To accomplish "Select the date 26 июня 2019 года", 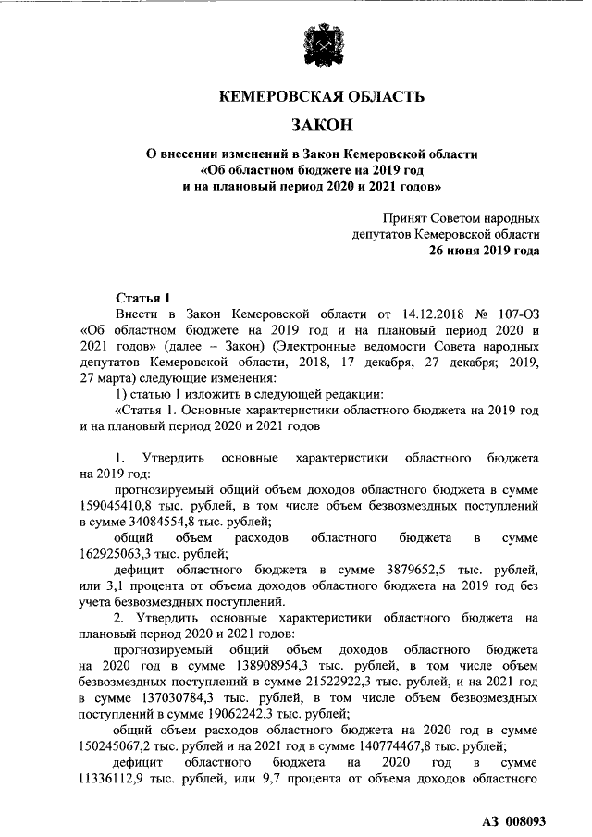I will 485,251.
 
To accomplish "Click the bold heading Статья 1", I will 143,298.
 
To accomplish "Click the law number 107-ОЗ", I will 516,314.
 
